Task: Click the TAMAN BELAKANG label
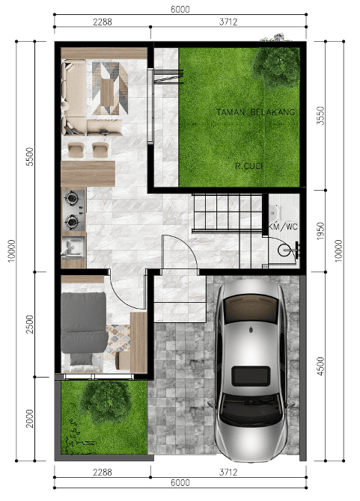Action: point(255,112)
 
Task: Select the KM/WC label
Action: point(283,227)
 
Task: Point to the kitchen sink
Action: point(74,247)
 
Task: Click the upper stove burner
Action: point(72,197)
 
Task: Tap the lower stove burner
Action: point(72,221)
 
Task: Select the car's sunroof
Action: point(251,376)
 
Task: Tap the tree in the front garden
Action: point(106,399)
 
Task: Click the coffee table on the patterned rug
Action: point(107,93)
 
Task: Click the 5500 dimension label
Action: point(29,156)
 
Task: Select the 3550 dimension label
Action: point(320,116)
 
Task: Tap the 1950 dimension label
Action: point(320,231)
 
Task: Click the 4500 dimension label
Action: point(320,366)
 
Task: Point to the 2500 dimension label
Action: point(29,325)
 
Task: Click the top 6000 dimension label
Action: point(180,9)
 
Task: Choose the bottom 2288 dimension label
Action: point(103,472)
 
